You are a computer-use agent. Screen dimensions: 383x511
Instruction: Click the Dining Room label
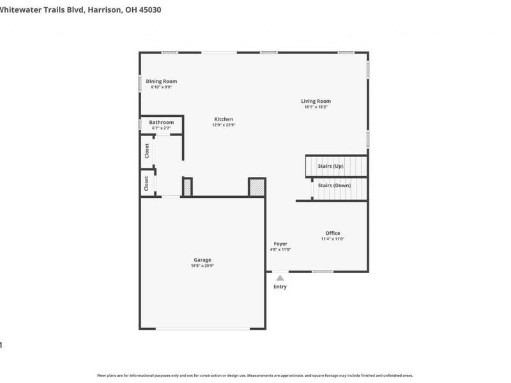[x=161, y=81]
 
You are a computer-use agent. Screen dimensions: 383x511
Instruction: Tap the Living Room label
[x=316, y=101]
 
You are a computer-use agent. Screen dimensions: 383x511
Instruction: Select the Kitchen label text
[x=224, y=119]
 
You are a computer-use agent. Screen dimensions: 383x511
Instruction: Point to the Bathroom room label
[x=161, y=122]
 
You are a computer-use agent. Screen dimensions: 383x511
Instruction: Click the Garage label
[x=202, y=260]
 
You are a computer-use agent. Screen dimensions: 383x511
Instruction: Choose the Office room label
[x=332, y=233]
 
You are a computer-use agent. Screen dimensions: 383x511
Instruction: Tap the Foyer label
[x=280, y=244]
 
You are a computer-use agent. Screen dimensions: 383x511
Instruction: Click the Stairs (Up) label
[x=331, y=166]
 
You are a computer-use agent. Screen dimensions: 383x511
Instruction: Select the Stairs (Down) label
[x=334, y=185]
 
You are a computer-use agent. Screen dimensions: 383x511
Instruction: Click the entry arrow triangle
[x=280, y=277]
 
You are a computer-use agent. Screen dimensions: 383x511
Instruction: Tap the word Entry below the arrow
[x=280, y=287]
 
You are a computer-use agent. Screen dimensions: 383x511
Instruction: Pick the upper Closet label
[x=147, y=151]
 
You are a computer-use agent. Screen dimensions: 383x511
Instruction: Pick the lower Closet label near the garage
[x=147, y=184]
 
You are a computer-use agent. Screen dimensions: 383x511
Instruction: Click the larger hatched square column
[x=256, y=187]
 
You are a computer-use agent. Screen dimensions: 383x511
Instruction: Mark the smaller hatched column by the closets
[x=187, y=187]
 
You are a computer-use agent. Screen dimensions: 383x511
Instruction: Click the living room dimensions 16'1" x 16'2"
[x=316, y=107]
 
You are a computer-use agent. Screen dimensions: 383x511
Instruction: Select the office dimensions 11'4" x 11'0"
[x=332, y=239]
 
